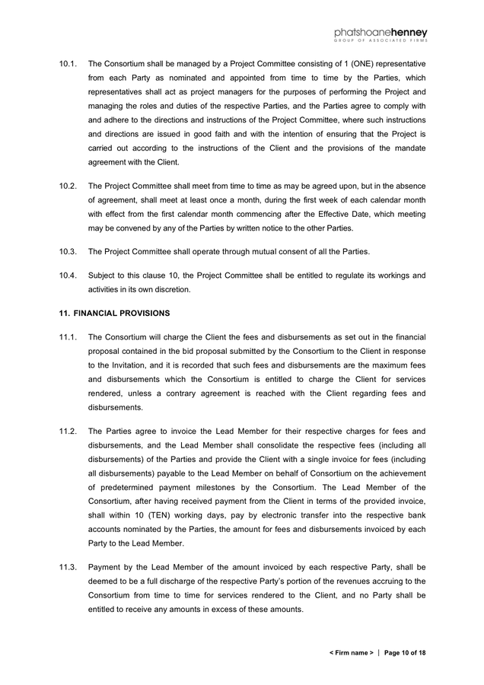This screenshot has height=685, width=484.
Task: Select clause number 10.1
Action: pyautogui.click(x=68, y=63)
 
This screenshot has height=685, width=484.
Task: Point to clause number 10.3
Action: pyautogui.click(x=68, y=252)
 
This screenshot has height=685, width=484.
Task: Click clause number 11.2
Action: pyautogui.click(x=68, y=431)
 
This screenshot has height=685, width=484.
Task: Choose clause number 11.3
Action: pyautogui.click(x=68, y=567)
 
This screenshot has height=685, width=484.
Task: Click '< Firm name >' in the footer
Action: pyautogui.click(x=351, y=653)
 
